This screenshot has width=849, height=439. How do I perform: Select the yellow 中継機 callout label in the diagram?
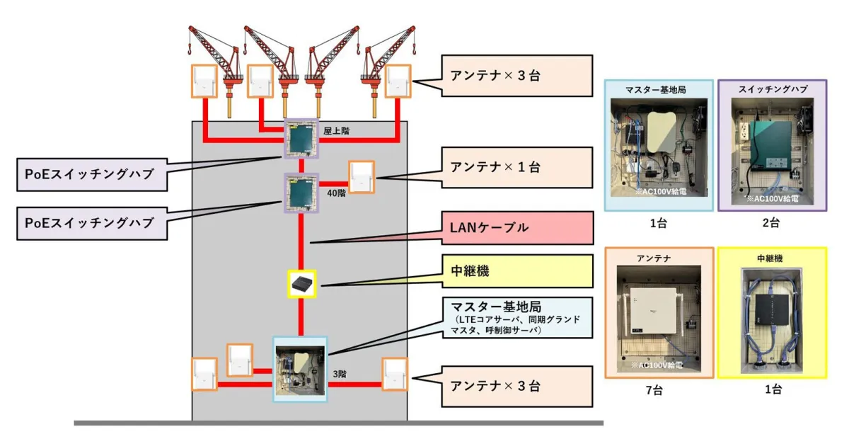coord(516,271)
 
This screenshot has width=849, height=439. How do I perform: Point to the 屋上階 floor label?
coord(335,131)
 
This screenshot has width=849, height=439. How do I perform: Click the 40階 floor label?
coord(336,192)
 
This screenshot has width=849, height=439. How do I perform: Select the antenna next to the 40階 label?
coord(360,176)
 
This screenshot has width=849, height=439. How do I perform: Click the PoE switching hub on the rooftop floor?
coord(301,137)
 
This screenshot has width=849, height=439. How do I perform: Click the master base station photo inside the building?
coord(300,369)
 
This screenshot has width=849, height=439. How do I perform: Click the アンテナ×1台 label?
coord(516,168)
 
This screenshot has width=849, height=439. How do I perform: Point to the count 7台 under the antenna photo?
coord(659,389)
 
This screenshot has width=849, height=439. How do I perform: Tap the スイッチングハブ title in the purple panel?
coord(772,89)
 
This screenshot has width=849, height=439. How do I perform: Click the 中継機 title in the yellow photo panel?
coord(772,258)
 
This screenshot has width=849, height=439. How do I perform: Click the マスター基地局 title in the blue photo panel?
coord(659,89)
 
